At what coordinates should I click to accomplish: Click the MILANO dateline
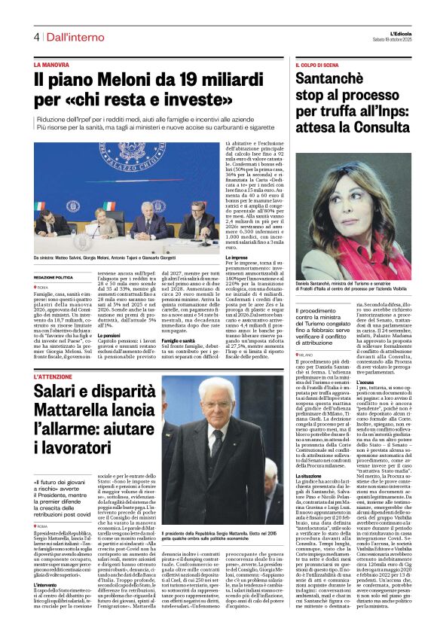(x=306, y=353)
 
